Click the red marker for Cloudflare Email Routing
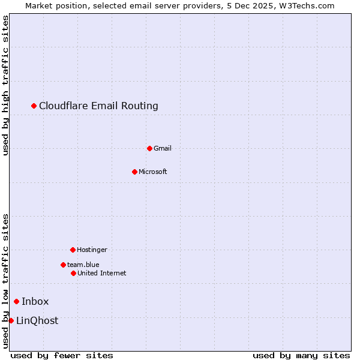click(x=34, y=106)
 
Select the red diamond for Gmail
click(x=149, y=148)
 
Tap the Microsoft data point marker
click(x=134, y=172)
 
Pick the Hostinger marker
click(x=73, y=250)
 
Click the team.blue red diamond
click(x=63, y=265)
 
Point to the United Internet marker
click(x=73, y=273)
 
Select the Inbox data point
click(x=16, y=301)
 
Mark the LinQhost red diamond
click(x=11, y=320)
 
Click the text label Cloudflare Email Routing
click(x=98, y=106)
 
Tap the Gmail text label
click(x=163, y=148)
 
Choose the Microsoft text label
click(x=153, y=172)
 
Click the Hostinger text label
click(x=92, y=250)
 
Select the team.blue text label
click(x=83, y=265)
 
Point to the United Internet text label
click(x=102, y=273)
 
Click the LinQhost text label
click(x=37, y=320)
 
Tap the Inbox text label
click(x=35, y=301)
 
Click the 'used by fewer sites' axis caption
click(x=62, y=355)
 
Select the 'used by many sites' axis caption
click(x=301, y=355)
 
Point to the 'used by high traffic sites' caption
click(x=5, y=85)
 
